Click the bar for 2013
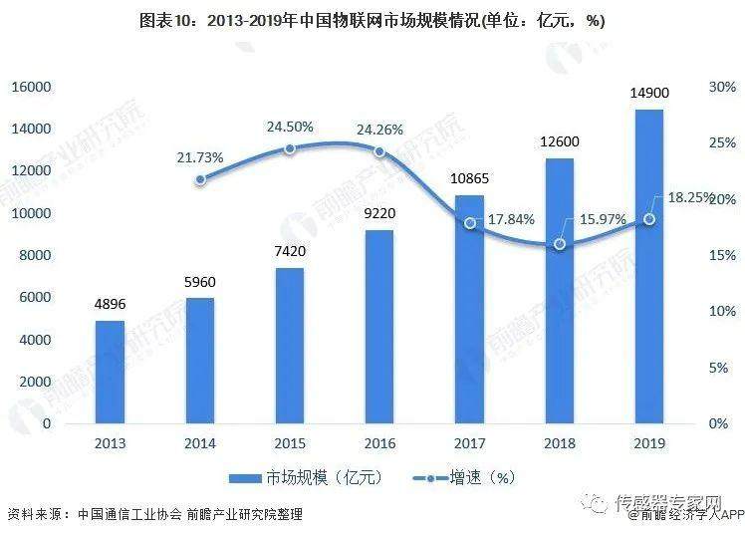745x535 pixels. click(110, 372)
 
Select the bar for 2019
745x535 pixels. click(649, 266)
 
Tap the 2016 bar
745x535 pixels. click(379, 327)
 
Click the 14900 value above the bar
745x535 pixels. click(649, 93)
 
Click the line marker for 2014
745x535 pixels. click(200, 179)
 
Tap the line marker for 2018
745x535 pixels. click(560, 244)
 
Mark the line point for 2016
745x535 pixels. click(379, 151)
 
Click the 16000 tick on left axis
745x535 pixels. click(30, 87)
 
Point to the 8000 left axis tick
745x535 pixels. click(36, 255)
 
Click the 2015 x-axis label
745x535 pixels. click(290, 443)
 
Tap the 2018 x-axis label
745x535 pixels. click(560, 443)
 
